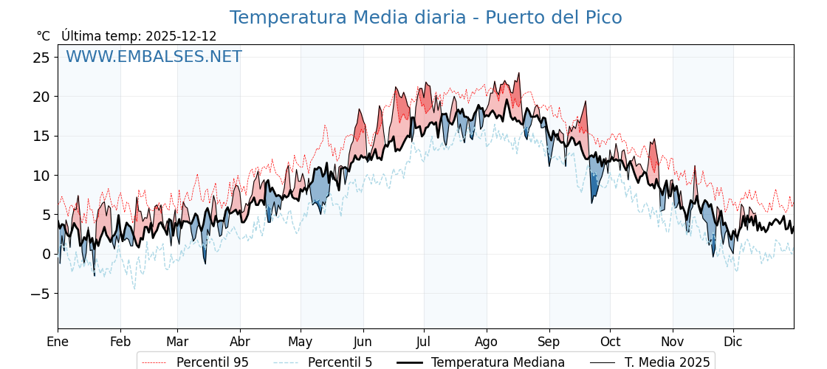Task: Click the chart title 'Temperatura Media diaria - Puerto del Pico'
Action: [425, 18]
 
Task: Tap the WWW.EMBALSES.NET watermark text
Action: [154, 57]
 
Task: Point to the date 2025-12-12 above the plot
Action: [181, 36]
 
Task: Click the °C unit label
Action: [43, 36]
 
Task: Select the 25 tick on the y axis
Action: [41, 58]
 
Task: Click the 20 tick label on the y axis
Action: [41, 97]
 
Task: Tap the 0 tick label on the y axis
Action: [46, 254]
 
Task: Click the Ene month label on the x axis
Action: [58, 342]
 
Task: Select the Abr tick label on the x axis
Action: [240, 342]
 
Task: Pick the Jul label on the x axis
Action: [424, 342]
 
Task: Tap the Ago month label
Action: [487, 342]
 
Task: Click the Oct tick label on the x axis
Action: [610, 342]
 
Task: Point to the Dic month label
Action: [733, 342]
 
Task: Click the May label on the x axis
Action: [301, 342]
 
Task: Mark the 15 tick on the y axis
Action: [41, 136]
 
